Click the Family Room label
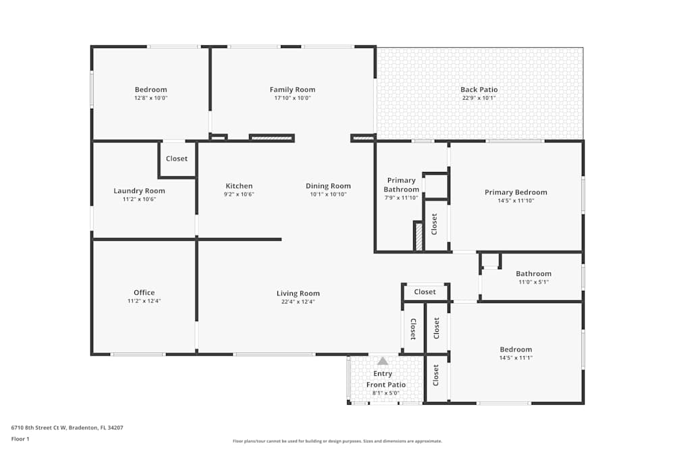(292, 90)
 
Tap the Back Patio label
(479, 90)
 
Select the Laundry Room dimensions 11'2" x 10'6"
(139, 200)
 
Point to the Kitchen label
(239, 186)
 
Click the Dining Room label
(328, 186)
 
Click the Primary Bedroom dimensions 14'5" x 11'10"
(516, 200)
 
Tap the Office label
(144, 293)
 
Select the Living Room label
(298, 293)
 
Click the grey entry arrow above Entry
(383, 361)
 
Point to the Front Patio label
(386, 385)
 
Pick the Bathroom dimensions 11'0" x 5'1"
(533, 282)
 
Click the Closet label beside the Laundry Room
(177, 159)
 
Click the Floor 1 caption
(20, 439)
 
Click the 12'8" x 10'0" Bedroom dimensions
(151, 98)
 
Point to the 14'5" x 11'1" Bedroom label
(516, 349)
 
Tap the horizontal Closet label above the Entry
(425, 292)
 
